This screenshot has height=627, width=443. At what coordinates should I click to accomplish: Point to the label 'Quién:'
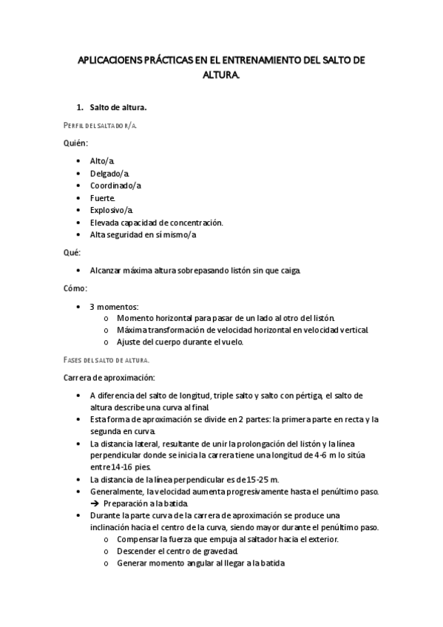(76, 143)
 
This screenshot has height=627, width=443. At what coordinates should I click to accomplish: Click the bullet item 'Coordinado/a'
(115, 186)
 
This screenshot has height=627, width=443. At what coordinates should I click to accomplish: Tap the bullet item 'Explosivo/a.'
(112, 210)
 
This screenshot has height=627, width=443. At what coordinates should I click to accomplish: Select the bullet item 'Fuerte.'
(103, 198)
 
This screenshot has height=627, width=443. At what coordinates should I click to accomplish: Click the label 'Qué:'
(72, 252)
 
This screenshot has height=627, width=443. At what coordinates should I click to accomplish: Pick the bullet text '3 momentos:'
(114, 306)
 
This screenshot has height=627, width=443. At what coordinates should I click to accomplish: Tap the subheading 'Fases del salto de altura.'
(106, 360)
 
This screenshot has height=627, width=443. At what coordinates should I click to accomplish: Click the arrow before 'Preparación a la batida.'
(95, 504)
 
